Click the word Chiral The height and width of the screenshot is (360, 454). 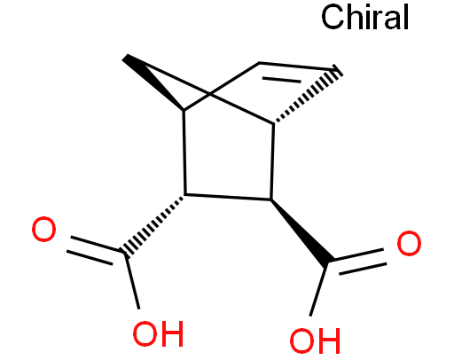[x=364, y=17]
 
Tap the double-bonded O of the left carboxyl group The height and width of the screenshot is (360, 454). [x=43, y=229]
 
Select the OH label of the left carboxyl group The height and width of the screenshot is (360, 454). [x=159, y=334]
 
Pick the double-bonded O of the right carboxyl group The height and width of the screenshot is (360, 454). [x=409, y=243]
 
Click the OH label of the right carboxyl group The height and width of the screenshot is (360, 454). [x=315, y=340]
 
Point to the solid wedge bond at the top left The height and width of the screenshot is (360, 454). [x=153, y=82]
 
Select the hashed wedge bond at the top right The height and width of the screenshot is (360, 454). [x=308, y=94]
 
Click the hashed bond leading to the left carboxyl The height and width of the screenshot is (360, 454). [x=154, y=225]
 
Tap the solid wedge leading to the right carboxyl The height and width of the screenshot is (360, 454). [x=301, y=231]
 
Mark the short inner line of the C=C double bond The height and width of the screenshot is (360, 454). [x=282, y=79]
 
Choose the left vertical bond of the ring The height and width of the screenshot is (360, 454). [x=184, y=153]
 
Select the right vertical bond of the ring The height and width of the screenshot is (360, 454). [x=272, y=161]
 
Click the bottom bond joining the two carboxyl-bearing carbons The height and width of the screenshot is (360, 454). [x=228, y=197]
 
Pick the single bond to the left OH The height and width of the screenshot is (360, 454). [x=132, y=281]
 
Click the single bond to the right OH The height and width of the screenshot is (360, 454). [x=318, y=290]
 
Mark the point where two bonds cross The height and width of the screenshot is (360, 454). [x=210, y=94]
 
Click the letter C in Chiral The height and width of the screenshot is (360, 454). [x=333, y=17]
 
